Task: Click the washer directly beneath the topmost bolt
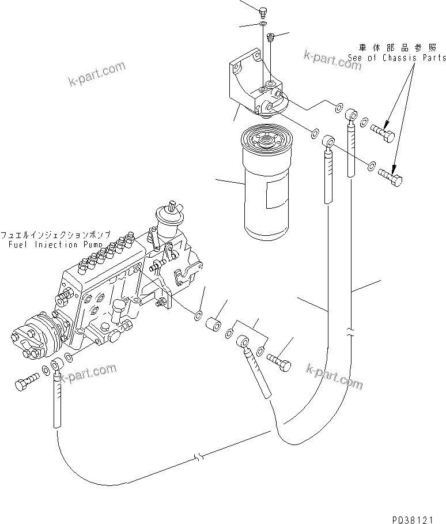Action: pos(263,24)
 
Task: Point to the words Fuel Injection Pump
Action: pos(52,244)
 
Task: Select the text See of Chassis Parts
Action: pos(396,58)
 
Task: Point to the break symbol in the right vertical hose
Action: pos(350,333)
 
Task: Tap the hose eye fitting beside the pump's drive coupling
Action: pos(57,365)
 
